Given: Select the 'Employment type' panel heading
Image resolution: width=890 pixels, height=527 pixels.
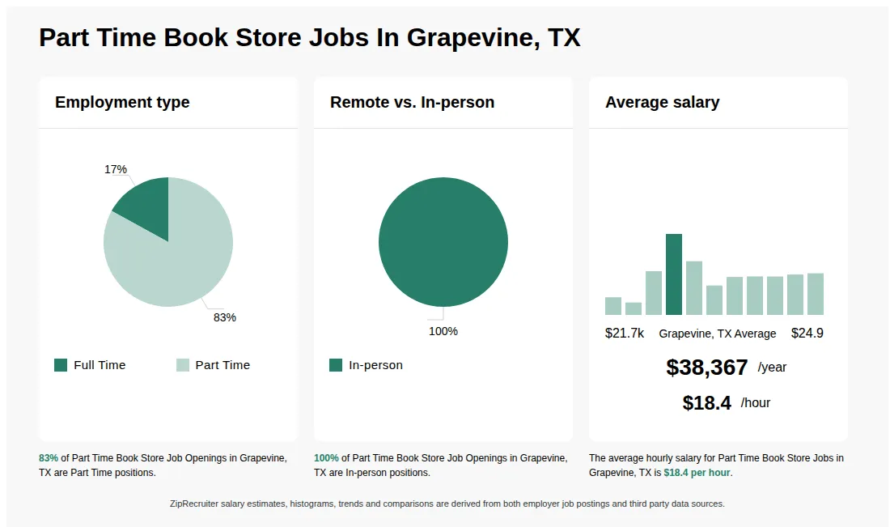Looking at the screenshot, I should pos(122,102).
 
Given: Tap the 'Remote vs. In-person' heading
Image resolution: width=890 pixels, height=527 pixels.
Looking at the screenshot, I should pos(412,102).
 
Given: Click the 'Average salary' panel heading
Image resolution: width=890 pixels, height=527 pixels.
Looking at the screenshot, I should pos(662,102).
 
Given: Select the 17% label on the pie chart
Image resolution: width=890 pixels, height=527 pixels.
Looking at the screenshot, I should pos(116,169).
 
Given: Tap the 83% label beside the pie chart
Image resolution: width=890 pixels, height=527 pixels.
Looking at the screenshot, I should pos(224,317).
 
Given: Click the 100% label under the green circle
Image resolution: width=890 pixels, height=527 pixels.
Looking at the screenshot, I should pos(443,331).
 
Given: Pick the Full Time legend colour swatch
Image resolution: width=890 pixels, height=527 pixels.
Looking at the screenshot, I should pos(61,365).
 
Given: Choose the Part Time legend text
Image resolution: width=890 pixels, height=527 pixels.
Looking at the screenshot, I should pos(222,365).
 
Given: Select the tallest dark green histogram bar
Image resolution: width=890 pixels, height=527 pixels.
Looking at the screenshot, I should pos(674,274).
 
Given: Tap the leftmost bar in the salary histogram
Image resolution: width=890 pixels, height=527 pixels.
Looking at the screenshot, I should pos(613,306).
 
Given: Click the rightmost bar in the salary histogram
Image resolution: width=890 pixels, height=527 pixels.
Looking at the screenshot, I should pos(816,294).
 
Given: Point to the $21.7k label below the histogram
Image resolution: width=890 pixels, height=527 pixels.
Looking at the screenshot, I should pos(625,334).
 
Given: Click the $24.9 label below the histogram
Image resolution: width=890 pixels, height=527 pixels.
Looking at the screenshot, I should pos(807,334).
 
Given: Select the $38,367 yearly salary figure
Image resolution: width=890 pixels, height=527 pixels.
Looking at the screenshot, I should pos(706,368).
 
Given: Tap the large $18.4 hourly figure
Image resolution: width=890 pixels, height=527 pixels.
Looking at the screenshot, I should pos(706,403).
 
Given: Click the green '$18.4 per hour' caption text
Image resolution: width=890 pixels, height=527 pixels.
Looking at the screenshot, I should pos(697,473).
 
